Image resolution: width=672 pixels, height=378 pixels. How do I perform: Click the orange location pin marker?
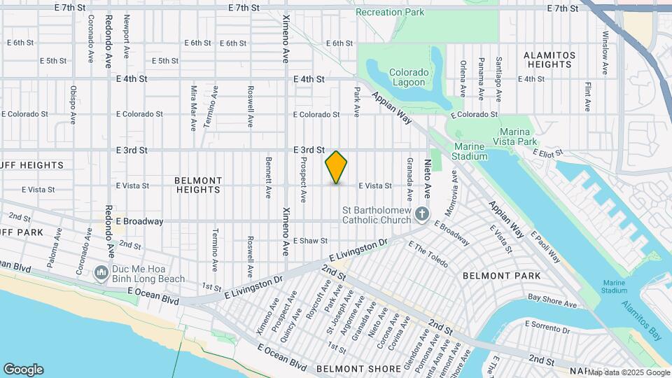tap(336, 167)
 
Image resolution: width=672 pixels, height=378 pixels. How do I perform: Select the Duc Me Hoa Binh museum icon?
tap(101, 271)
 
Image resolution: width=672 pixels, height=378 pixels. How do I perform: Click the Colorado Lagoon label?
tap(408, 77)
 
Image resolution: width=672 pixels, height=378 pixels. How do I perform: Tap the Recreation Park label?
tap(390, 12)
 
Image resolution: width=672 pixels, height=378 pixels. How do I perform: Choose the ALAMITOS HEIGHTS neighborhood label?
tap(549, 59)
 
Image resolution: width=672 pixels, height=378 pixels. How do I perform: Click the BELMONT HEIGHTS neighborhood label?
tap(198, 185)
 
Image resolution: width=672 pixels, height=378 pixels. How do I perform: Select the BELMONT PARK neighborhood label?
tap(501, 276)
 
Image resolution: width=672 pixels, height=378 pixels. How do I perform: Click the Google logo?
tap(23, 370)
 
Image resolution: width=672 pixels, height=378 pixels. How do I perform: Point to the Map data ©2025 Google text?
tap(628, 372)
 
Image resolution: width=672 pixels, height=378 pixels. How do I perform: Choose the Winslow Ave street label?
tap(605, 52)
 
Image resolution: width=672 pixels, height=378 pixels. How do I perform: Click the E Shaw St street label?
tap(310, 241)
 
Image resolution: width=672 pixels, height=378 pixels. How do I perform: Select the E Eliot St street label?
tap(548, 152)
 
